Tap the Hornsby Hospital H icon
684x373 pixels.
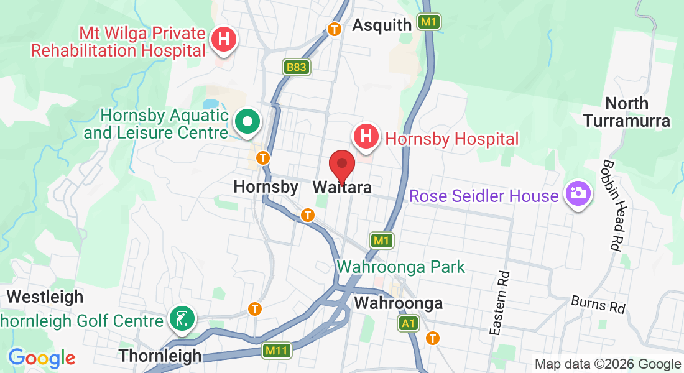coord(366,135)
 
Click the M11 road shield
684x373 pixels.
coord(276,351)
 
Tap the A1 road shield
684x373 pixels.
coord(408,323)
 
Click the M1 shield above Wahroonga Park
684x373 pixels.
coord(382,240)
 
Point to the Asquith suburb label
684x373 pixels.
coord(382,25)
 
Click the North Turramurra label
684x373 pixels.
coord(627,112)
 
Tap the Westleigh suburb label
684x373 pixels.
coord(45,297)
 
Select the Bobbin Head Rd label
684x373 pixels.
coord(612,205)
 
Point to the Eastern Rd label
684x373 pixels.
coord(499,303)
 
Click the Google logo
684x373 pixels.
coord(41,358)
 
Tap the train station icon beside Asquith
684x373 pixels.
coord(335,29)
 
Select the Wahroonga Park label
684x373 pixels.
coord(400,267)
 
